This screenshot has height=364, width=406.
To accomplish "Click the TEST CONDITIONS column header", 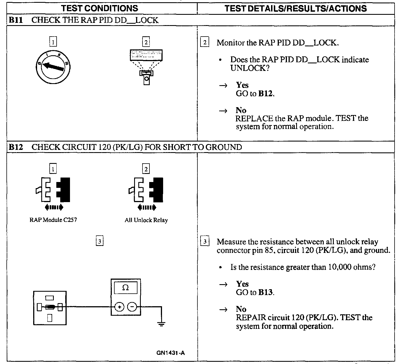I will tap(100, 8).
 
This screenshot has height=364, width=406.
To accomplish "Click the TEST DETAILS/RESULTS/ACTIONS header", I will tap(296, 8).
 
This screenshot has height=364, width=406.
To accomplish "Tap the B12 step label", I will tap(15, 147).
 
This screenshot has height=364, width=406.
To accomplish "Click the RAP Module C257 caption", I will tap(53, 220).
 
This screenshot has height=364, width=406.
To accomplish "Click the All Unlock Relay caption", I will tap(146, 220).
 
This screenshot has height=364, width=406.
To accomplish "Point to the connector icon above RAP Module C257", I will tap(53, 190).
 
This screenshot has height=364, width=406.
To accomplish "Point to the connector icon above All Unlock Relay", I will tap(146, 190).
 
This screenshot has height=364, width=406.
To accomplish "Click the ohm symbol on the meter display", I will tap(125, 288).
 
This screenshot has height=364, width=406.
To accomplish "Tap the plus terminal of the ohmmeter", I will tap(119, 307).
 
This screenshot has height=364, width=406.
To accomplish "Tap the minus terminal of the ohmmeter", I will tap(132, 307).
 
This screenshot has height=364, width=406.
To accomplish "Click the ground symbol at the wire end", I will tap(161, 324).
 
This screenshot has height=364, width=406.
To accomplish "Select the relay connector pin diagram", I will tap(50, 308).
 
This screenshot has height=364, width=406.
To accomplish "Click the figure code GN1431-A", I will tap(171, 353).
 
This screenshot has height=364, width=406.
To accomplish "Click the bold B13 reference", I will tap(265, 293).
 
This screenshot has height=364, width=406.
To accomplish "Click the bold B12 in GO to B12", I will tap(265, 94).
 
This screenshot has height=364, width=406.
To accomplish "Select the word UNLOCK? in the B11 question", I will tap(250, 68).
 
